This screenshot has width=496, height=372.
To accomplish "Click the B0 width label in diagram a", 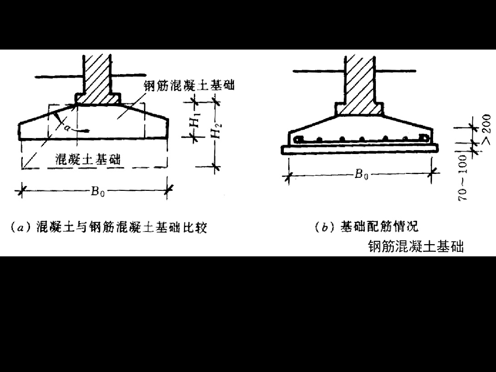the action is (96, 191).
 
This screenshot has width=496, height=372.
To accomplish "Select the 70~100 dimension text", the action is (464, 177).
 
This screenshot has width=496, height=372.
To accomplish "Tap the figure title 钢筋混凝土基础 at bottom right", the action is (416, 247).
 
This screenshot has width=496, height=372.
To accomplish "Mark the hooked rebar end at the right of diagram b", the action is (424, 139).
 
